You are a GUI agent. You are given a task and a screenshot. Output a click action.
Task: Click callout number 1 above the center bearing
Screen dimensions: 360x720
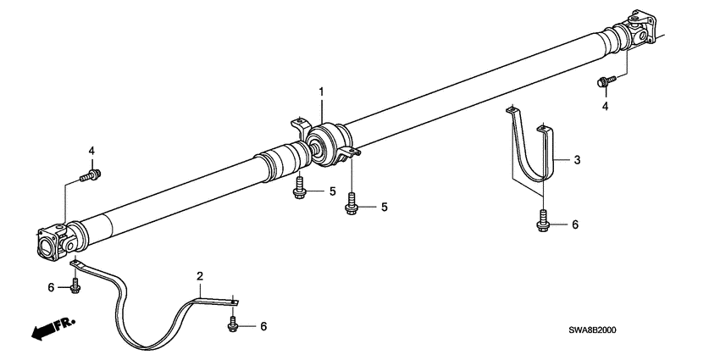click(321, 91)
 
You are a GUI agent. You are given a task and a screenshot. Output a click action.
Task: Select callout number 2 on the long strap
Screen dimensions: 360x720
click(200, 276)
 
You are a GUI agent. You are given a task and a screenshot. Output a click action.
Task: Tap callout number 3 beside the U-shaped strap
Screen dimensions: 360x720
click(576, 158)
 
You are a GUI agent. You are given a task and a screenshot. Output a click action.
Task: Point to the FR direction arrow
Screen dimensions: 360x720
click(50, 330)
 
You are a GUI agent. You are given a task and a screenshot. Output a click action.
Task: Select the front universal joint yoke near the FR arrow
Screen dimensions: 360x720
click(54, 241)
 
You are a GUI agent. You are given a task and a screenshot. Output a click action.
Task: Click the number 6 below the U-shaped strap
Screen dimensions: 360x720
click(574, 224)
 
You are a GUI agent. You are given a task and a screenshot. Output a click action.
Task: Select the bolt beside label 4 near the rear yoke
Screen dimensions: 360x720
click(605, 82)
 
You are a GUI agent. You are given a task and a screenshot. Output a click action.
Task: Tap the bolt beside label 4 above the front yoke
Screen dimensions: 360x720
click(89, 176)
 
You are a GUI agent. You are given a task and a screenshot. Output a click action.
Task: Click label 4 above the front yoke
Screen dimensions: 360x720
click(91, 151)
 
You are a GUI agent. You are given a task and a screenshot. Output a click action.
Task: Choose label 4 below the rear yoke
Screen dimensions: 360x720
click(605, 107)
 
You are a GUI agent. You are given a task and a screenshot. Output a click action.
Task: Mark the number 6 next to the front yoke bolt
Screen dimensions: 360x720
click(50, 288)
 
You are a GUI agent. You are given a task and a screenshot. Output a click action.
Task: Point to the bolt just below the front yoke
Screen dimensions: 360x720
click(75, 287)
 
